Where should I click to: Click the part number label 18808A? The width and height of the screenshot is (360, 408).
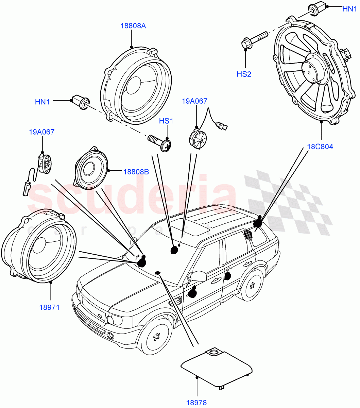pyautogui.click(x=133, y=26)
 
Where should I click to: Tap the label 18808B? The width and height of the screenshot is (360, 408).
pyautogui.click(x=136, y=172)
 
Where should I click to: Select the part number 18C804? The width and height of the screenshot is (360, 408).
pyautogui.click(x=320, y=147)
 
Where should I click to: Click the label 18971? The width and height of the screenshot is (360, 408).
pyautogui.click(x=49, y=307)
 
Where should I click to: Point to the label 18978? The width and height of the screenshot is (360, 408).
pyautogui.click(x=196, y=403)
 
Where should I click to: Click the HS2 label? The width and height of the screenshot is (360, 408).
pyautogui.click(x=244, y=74)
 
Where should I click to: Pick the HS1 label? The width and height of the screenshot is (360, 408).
pyautogui.click(x=167, y=121)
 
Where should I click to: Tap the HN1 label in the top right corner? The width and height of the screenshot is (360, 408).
pyautogui.click(x=349, y=9)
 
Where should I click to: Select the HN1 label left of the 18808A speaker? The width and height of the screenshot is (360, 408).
pyautogui.click(x=42, y=101)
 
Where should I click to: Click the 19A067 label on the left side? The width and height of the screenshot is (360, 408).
pyautogui.click(x=41, y=132)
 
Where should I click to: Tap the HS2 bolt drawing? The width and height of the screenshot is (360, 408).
pyautogui.click(x=255, y=39)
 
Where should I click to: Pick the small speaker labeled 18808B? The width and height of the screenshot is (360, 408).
pyautogui.click(x=91, y=169)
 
